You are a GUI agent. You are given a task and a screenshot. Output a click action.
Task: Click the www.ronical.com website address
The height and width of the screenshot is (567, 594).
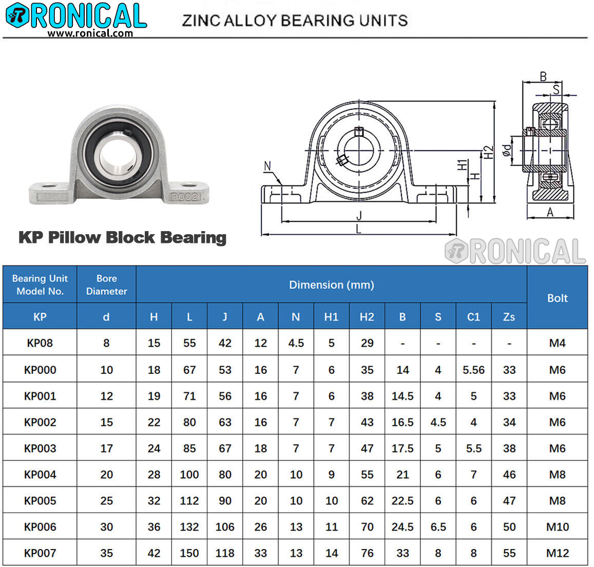coord(90,33)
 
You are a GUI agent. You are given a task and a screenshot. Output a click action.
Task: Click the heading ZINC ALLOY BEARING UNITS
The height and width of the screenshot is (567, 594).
coord(295,21)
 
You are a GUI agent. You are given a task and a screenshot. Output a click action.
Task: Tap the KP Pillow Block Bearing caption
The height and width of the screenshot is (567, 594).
coord(122,237)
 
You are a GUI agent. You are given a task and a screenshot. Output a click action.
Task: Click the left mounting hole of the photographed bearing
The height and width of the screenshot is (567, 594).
coord(49,185)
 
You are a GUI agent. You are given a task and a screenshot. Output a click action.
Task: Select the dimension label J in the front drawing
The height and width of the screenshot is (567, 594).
coord(359,216)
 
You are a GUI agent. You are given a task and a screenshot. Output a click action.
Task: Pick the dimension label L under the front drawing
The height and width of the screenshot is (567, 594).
coord(359,229)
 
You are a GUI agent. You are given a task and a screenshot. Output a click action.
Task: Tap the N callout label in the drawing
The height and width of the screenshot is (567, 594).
coord(267,166)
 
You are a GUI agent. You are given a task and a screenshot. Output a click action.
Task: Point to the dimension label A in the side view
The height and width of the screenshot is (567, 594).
coord(550,212)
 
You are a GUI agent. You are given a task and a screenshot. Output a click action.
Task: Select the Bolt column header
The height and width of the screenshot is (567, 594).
coord(557,298)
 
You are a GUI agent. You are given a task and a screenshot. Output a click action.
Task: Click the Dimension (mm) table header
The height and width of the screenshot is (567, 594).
coord(331,285)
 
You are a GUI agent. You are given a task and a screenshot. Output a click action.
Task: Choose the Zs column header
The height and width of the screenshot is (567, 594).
coord(509,317)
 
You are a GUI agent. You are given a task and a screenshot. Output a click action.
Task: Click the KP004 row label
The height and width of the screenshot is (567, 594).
coord(40,475)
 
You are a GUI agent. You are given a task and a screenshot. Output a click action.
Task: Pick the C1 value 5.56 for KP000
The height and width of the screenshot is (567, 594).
coord(473,370)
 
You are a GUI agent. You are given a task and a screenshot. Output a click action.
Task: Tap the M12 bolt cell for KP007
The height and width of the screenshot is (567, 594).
coord(557,553)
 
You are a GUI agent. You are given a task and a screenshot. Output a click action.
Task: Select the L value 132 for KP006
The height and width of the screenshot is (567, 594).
coord(189,527)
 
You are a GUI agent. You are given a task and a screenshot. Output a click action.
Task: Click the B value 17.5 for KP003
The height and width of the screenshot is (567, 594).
coord(403,448)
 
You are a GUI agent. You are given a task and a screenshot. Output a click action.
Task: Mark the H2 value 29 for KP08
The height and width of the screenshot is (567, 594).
coord(367,343)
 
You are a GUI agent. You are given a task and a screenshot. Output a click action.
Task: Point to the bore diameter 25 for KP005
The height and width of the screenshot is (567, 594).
coord(106,501)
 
